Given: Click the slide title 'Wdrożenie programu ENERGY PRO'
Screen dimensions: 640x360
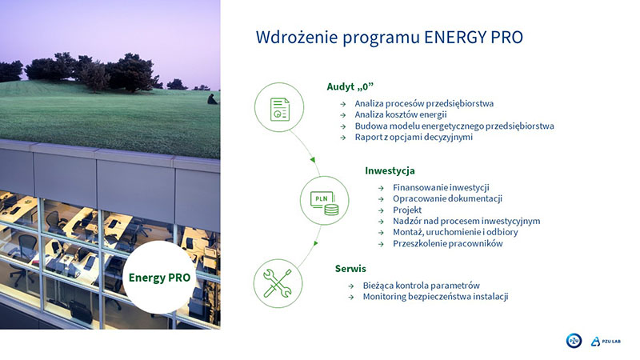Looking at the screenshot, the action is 389,38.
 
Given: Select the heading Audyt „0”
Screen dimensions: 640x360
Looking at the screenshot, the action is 350,86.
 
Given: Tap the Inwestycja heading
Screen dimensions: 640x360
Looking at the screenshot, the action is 390,170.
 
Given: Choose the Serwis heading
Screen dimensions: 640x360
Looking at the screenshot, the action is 350,269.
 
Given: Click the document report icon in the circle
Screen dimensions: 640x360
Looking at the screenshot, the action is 280,109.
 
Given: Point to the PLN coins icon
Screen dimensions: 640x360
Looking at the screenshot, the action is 325,203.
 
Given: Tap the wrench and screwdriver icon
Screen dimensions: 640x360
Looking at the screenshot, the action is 278,283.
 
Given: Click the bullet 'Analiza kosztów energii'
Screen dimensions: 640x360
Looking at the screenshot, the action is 401,114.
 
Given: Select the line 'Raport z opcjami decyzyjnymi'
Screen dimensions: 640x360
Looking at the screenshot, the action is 414,137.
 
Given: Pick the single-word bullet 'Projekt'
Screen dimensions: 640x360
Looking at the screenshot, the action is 407,210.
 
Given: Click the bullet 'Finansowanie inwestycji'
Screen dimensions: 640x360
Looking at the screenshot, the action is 441,187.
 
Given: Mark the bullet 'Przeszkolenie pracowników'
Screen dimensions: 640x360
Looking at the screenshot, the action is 448,244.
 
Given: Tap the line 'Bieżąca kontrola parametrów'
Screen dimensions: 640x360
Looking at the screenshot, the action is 422,286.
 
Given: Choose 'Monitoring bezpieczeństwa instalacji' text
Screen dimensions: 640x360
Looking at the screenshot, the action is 435,297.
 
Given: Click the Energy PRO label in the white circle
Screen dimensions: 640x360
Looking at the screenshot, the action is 159,278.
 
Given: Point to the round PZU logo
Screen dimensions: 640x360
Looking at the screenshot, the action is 574,341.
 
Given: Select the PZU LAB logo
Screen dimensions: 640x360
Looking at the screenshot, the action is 606,342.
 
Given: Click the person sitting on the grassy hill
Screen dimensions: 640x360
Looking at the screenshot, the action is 212,99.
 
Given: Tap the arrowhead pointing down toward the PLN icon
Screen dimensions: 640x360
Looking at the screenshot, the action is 313,159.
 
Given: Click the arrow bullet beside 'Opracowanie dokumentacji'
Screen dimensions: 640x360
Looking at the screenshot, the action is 381,199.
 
